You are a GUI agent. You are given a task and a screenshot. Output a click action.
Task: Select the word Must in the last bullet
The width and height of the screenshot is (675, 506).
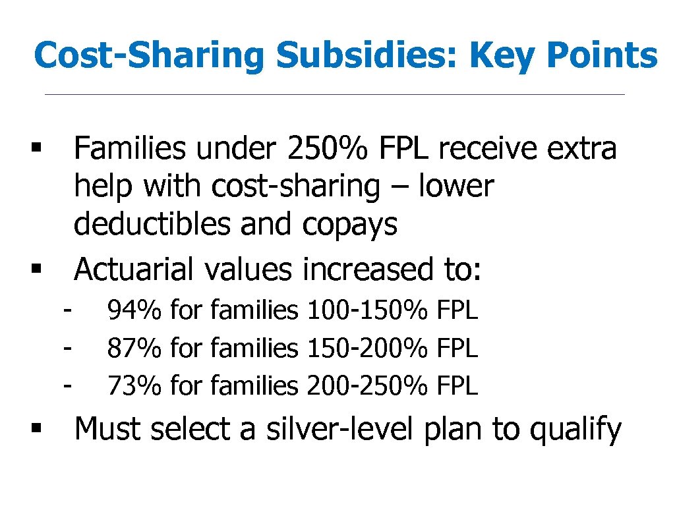point(109,430)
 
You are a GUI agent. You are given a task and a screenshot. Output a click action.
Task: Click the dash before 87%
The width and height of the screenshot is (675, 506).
point(68,345)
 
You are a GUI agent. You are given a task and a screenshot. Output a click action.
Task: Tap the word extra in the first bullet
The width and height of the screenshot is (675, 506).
point(582,149)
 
